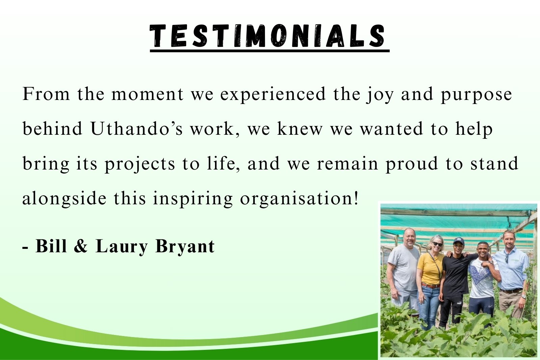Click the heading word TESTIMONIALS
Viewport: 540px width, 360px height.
(x=267, y=36)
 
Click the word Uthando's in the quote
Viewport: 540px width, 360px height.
(x=137, y=129)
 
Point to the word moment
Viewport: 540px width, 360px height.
(x=147, y=94)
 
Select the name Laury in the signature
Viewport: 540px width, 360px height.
(x=122, y=247)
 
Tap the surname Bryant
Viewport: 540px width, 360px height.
(x=185, y=247)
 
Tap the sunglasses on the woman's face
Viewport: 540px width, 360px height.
(x=437, y=244)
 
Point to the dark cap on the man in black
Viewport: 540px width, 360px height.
(x=458, y=241)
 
